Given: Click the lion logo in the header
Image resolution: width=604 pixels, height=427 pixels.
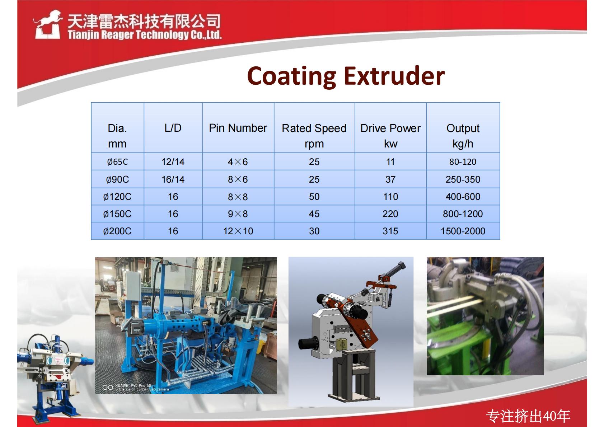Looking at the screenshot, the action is pyautogui.click(x=47, y=24).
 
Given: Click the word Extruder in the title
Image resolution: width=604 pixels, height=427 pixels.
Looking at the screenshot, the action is pyautogui.click(x=394, y=76).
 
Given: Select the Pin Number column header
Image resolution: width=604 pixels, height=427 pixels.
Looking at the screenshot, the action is pyautogui.click(x=238, y=128).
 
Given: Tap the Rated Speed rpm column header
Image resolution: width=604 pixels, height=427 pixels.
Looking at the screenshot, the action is pyautogui.click(x=314, y=136).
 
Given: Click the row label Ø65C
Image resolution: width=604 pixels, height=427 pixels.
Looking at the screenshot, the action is pyautogui.click(x=117, y=162).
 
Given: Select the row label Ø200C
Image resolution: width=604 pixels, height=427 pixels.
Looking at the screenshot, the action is pyautogui.click(x=117, y=231).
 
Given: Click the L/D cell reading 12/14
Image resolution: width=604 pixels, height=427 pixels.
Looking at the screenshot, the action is pyautogui.click(x=173, y=162).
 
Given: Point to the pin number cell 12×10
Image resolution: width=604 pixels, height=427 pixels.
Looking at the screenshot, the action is pyautogui.click(x=238, y=231).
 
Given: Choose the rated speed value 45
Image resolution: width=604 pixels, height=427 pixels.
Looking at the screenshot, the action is pyautogui.click(x=314, y=214).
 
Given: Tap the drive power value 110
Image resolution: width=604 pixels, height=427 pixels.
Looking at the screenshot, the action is pyautogui.click(x=390, y=197).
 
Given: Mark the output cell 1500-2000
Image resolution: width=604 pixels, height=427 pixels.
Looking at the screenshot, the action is pyautogui.click(x=463, y=231).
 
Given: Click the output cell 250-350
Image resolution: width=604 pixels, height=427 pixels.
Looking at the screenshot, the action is pyautogui.click(x=463, y=179).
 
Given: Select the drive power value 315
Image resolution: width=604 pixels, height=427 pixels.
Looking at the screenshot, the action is pyautogui.click(x=390, y=231).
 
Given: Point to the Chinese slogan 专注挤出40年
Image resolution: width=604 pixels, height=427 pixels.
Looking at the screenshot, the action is pyautogui.click(x=528, y=416).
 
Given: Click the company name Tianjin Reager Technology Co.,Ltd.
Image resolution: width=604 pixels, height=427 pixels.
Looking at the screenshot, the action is pyautogui.click(x=145, y=35).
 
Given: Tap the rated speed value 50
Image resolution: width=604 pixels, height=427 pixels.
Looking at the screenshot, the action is pyautogui.click(x=314, y=197).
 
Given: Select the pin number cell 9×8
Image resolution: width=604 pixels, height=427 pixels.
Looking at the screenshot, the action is pyautogui.click(x=238, y=214).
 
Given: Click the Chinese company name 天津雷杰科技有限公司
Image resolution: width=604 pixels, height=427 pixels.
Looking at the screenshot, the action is pyautogui.click(x=144, y=21).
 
